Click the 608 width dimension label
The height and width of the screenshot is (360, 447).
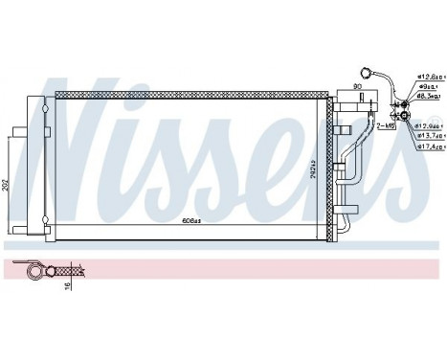[x=191, y=221]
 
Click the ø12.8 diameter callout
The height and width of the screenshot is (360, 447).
[x=429, y=76]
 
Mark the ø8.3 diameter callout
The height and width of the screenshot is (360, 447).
[x=428, y=97]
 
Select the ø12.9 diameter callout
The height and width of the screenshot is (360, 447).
[x=430, y=125]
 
